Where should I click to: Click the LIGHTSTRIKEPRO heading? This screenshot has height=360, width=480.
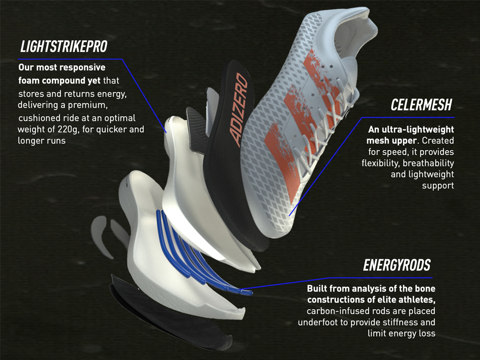click(x=64, y=47)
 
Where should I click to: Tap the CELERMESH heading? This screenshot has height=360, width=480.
click(x=421, y=105)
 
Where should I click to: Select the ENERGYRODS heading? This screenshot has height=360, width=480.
click(x=397, y=265)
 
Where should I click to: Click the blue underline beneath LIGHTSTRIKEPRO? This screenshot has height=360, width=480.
click(x=70, y=59)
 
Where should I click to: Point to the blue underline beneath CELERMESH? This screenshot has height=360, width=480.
click(x=408, y=118)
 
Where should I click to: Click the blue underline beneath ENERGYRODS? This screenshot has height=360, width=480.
click(x=381, y=278)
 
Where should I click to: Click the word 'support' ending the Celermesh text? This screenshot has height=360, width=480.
click(x=438, y=186)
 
